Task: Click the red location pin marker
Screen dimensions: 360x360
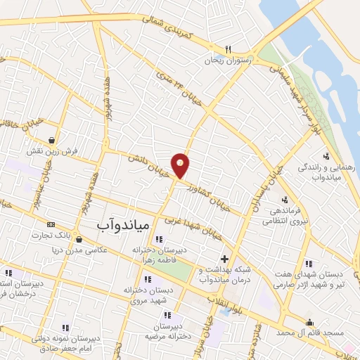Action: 181,166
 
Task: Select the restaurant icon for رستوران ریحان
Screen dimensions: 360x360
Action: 228,49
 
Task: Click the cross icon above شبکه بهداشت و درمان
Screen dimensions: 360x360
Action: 224,259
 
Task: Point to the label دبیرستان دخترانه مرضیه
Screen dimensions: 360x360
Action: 169,330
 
